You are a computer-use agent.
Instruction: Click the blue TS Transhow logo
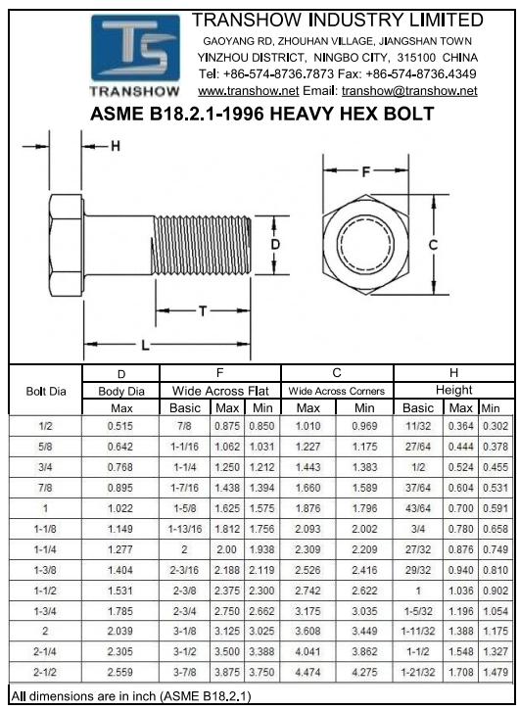click(135, 55)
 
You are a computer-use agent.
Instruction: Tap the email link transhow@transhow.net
click(409, 90)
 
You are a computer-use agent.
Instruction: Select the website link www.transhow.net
click(248, 90)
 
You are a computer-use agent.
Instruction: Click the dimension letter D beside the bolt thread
click(275, 245)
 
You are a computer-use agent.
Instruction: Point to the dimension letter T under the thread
click(203, 310)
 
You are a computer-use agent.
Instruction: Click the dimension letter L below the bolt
click(145, 345)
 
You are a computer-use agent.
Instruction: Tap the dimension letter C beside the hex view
click(433, 245)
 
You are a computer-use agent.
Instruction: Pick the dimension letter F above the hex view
click(366, 171)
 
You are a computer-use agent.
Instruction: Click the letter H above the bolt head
click(116, 146)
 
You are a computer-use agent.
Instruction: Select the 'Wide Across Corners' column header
click(337, 391)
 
